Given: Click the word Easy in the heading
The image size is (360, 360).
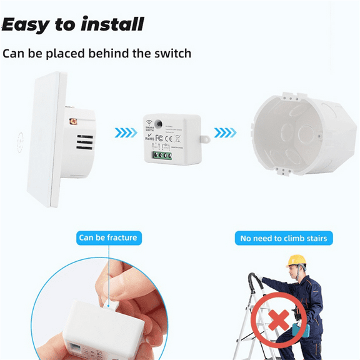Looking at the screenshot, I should tap(25, 24).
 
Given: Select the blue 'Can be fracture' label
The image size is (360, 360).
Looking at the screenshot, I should tap(107, 237).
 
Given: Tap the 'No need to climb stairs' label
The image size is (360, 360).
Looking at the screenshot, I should tap(284, 238).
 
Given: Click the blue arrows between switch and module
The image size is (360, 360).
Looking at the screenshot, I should tap(125, 132).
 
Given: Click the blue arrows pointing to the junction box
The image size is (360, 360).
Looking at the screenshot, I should tap(226, 132).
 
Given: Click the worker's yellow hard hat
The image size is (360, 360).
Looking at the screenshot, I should tap(296, 260).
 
